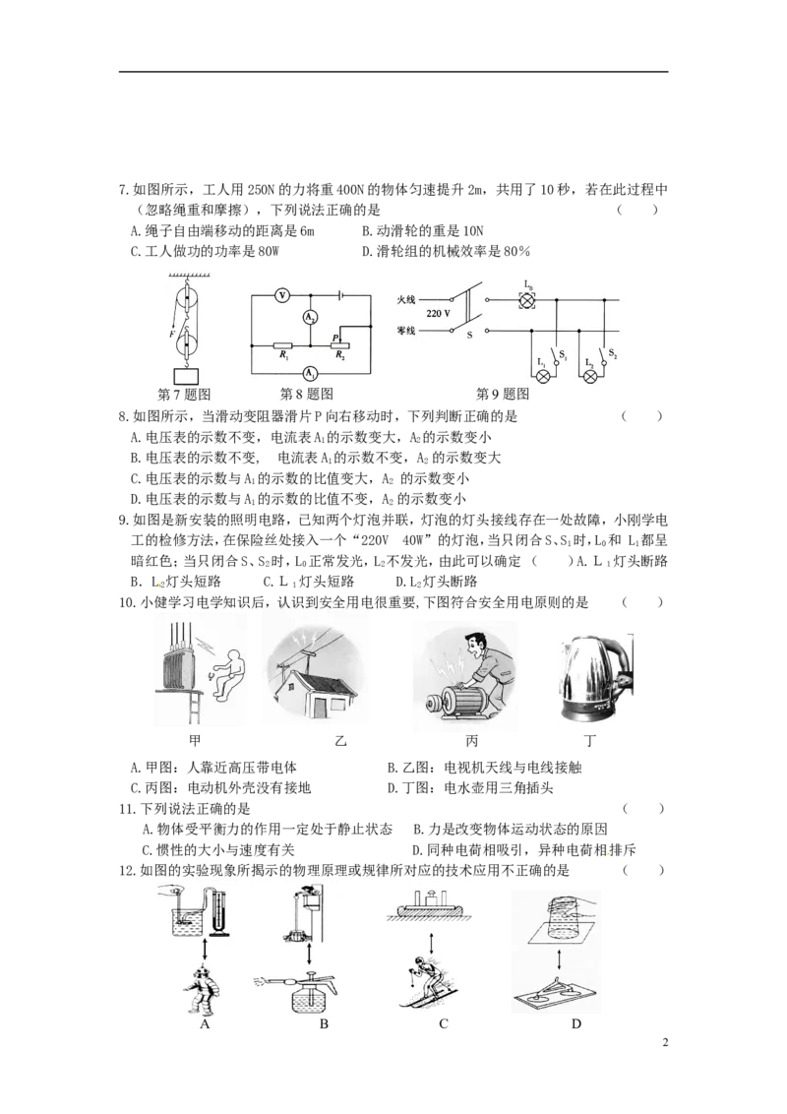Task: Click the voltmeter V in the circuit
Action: point(281,294)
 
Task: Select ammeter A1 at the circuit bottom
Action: point(310,373)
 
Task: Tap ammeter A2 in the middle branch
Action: point(310,317)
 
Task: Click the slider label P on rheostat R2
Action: point(334,338)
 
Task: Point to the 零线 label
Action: point(408,332)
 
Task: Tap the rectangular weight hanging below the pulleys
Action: point(185,377)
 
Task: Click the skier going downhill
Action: point(425,977)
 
